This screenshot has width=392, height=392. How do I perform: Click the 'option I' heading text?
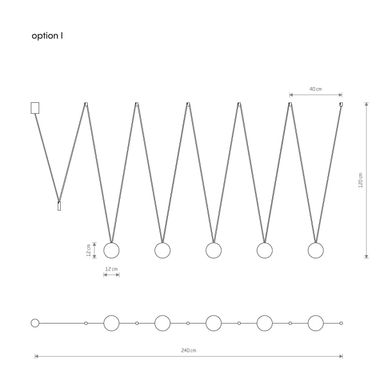tap(47, 36)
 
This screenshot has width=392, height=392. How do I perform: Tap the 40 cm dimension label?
tap(315, 89)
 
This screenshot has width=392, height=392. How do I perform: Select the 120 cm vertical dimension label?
tap(361, 180)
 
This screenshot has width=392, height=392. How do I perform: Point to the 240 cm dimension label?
tap(189, 351)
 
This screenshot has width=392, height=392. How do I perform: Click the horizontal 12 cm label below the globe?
tap(111, 269)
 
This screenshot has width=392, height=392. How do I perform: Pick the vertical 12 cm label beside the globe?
tap(88, 250)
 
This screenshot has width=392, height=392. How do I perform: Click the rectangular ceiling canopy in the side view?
tap(35, 108)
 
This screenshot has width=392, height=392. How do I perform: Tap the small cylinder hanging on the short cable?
tap(59, 206)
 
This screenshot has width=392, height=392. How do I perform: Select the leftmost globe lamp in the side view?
tap(112, 250)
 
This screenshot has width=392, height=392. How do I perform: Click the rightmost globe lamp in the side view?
tap(315, 250)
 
